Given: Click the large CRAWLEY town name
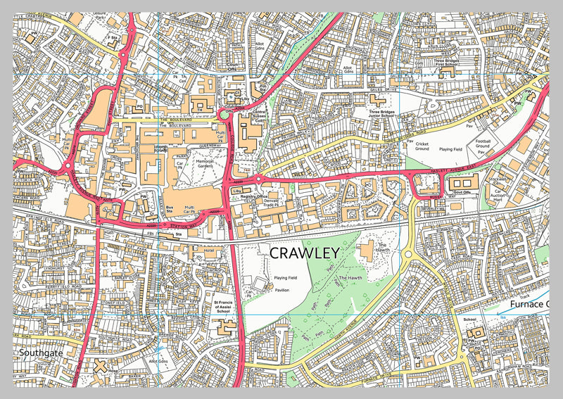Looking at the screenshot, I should pyautogui.click(x=305, y=252).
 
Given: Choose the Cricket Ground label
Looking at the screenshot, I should pyautogui.click(x=422, y=146).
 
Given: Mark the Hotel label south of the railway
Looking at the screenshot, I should pyautogui.click(x=208, y=249).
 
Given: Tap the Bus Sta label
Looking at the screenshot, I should pyautogui.click(x=170, y=209).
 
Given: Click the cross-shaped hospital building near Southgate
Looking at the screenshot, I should pyautogui.click(x=100, y=367).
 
